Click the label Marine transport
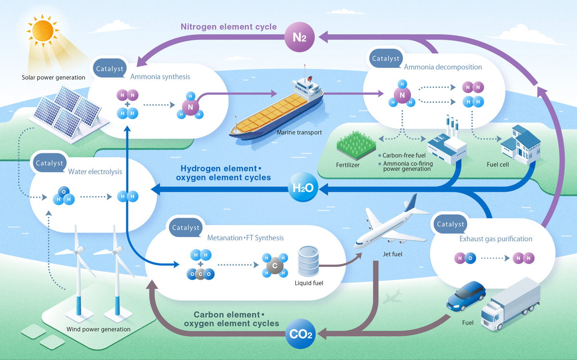click(x=299, y=132)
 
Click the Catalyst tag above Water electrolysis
click(x=50, y=163)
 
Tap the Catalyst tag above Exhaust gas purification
click(x=450, y=224)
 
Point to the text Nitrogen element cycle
click(x=228, y=26)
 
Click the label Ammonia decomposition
click(x=442, y=67)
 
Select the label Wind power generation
click(x=98, y=329)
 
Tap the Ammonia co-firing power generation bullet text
click(x=407, y=166)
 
